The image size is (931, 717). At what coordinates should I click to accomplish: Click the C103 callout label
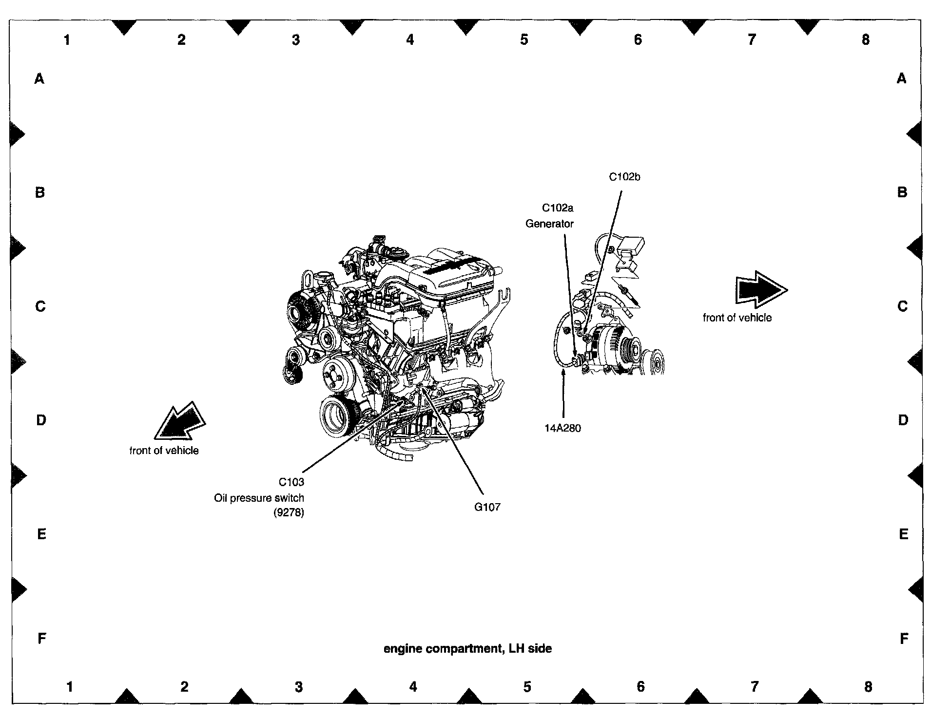point(291,482)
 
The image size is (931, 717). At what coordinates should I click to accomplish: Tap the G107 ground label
point(487,507)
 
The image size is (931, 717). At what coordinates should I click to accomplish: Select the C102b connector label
point(624,177)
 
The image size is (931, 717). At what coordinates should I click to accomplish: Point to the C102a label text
point(558,208)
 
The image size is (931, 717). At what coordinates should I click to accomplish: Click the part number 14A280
point(562,428)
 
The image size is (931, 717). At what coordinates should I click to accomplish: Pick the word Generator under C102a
point(549,224)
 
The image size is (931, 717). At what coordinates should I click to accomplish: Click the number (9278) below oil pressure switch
point(289,512)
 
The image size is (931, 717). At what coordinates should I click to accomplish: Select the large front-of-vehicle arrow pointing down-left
point(179,422)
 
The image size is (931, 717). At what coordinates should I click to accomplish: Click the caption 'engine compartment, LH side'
point(467,648)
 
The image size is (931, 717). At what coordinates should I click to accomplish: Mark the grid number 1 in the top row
point(67,40)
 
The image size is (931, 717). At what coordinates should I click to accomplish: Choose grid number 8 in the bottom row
point(868,687)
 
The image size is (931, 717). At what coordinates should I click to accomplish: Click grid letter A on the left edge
point(39,78)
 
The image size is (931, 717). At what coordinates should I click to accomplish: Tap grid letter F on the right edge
point(904,638)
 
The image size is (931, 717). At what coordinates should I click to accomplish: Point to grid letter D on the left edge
point(41,420)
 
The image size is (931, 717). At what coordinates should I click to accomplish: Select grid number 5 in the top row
point(524,40)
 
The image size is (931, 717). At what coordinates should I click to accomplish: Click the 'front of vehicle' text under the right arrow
point(737,318)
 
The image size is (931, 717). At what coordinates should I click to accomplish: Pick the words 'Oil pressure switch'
point(259,498)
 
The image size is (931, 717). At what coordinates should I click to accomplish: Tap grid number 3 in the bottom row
point(299,687)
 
